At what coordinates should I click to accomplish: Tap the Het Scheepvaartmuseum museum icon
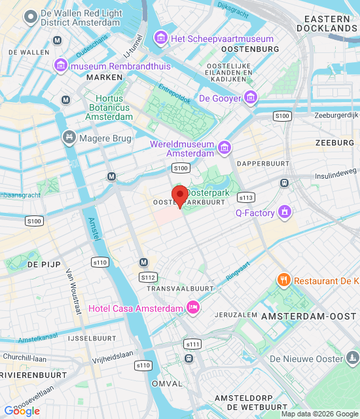[x=160, y=39]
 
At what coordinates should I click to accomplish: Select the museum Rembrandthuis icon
[x=61, y=65]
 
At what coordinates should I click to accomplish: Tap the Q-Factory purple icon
[x=284, y=212]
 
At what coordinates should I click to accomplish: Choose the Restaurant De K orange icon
[x=283, y=280]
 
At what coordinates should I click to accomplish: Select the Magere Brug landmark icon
[x=69, y=138]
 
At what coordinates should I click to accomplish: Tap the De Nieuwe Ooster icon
[x=353, y=358]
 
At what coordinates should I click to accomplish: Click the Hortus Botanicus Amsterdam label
[x=109, y=107]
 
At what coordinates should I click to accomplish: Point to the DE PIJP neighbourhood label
[x=44, y=264]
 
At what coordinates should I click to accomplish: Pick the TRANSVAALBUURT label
[x=181, y=288]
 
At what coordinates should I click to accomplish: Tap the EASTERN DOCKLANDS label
[x=326, y=24]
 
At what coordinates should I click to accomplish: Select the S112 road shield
[x=148, y=278]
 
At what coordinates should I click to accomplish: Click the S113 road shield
[x=246, y=197]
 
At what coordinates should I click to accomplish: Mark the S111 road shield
[x=193, y=344]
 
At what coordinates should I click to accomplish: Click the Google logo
[x=22, y=411]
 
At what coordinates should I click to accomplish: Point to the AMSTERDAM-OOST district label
[x=309, y=316]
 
